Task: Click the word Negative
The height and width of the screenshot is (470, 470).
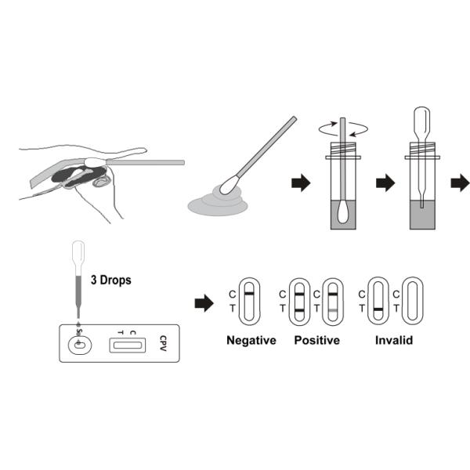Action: (251, 341)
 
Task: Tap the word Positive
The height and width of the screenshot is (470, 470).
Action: (316, 341)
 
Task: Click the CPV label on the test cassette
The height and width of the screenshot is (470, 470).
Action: (163, 342)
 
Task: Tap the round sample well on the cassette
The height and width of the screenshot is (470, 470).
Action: (80, 342)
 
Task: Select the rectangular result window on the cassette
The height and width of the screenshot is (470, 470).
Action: (126, 342)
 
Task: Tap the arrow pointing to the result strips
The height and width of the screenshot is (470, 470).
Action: (204, 303)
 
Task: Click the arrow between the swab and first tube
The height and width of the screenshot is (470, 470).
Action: (300, 183)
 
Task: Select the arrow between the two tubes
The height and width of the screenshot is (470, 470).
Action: (385, 183)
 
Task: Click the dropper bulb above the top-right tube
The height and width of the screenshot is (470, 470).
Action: (421, 121)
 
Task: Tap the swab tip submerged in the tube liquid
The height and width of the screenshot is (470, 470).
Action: (342, 212)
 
